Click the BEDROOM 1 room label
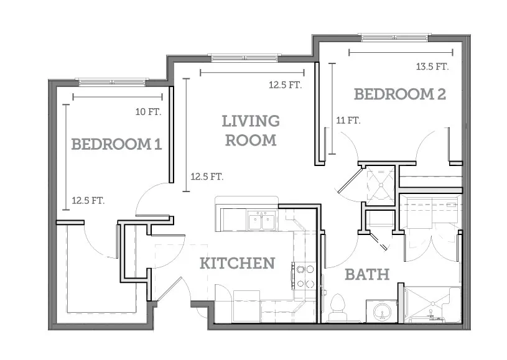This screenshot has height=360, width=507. (116, 144)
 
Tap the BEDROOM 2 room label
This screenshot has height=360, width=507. (400, 94)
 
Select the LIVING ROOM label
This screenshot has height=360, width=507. (251, 131)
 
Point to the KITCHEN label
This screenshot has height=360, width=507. (238, 263)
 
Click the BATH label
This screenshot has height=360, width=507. (367, 275)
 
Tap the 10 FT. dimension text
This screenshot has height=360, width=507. (148, 112)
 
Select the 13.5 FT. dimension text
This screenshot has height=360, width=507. (432, 67)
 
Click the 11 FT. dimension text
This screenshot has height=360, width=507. (348, 121)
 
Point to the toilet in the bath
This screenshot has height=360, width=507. (337, 308)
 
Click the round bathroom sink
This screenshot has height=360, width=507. (382, 312)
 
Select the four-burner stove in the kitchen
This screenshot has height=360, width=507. (304, 275)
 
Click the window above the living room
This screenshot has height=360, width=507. (244, 58)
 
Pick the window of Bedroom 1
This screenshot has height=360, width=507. (112, 82)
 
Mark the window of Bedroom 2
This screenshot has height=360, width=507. (394, 37)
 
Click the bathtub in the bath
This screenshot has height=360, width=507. (432, 305)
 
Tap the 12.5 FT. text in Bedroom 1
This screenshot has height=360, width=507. (88, 200)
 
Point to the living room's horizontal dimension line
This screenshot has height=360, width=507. (252, 72)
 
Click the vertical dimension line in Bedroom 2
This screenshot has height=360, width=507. (332, 109)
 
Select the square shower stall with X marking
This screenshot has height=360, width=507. (381, 185)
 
